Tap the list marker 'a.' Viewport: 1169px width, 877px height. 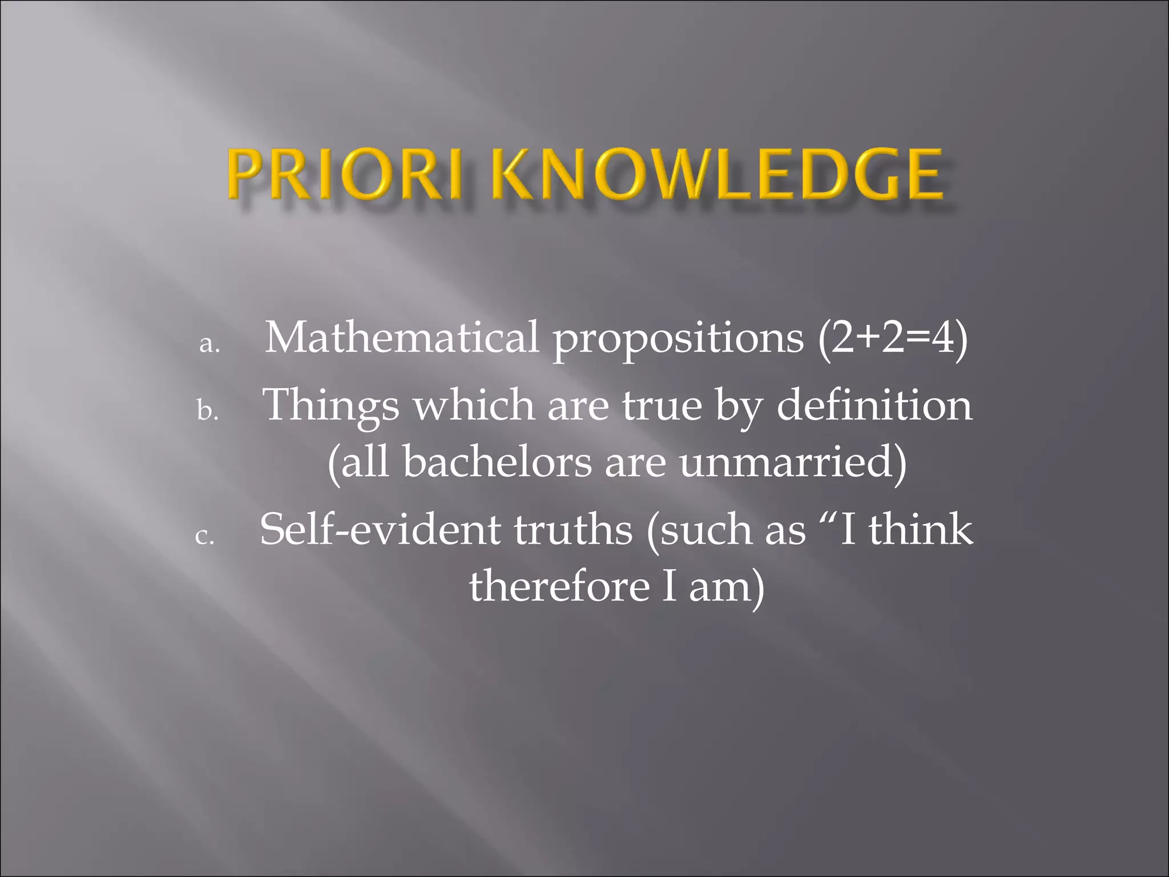pyautogui.click(x=210, y=344)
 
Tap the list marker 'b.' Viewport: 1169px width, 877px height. pyautogui.click(x=208, y=410)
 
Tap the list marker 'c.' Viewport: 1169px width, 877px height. pyautogui.click(x=205, y=536)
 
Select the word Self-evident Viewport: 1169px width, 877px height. pyautogui.click(x=380, y=529)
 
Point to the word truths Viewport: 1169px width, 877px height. pyautogui.click(x=573, y=529)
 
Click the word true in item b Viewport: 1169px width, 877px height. pyautogui.click(x=662, y=405)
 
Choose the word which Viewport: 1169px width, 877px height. pyautogui.click(x=474, y=405)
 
